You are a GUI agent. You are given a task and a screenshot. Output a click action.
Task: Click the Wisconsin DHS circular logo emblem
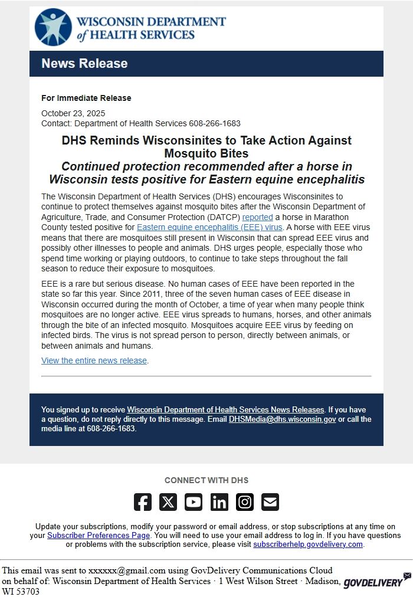pyautogui.click(x=53, y=27)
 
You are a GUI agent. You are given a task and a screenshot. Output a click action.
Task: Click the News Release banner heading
pyautogui.click(x=84, y=64)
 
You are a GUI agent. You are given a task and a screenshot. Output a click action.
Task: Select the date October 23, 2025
pyautogui.click(x=73, y=113)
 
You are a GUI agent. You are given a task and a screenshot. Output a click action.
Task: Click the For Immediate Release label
pyautogui.click(x=86, y=98)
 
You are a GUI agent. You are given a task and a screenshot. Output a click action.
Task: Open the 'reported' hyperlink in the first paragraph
pyautogui.click(x=257, y=217)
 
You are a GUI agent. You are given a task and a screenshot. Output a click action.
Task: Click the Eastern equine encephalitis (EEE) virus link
pyautogui.click(x=209, y=227)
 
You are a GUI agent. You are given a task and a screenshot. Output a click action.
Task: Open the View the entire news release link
pyautogui.click(x=94, y=360)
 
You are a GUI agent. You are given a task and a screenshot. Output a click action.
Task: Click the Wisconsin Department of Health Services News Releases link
pyautogui.click(x=225, y=409)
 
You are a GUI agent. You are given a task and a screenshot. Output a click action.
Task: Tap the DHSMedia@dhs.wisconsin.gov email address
pyautogui.click(x=282, y=419)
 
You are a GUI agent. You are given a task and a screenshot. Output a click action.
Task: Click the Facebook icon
pyautogui.click(x=143, y=502)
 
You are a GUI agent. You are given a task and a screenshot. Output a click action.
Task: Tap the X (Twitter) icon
pyautogui.click(x=168, y=502)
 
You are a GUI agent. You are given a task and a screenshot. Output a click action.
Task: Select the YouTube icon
pyautogui.click(x=194, y=502)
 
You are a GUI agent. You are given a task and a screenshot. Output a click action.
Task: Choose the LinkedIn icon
pyautogui.click(x=219, y=502)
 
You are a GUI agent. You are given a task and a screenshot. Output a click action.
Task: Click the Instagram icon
pyautogui.click(x=245, y=502)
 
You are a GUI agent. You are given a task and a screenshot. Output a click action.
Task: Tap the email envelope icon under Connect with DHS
pyautogui.click(x=270, y=502)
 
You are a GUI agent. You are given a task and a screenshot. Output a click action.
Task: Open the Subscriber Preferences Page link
pyautogui.click(x=99, y=536)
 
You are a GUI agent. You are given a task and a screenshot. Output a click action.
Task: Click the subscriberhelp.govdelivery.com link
pyautogui.click(x=308, y=544)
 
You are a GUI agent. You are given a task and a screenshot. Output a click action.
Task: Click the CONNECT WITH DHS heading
pyautogui.click(x=206, y=480)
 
